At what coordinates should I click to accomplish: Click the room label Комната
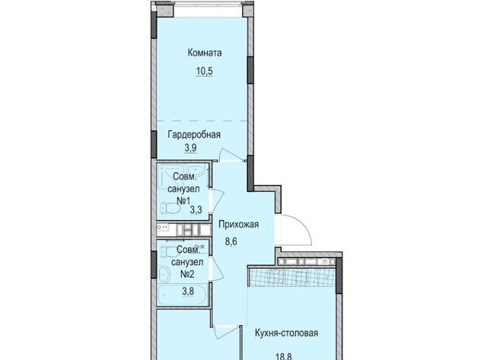tap(205, 53)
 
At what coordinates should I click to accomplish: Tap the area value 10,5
tap(205, 71)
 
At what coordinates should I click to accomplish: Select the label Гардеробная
tap(194, 135)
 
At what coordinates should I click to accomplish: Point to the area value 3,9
tap(191, 148)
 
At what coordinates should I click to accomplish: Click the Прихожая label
tap(238, 225)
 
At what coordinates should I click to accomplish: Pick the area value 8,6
tap(231, 241)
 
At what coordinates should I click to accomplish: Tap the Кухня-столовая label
tap(286, 333)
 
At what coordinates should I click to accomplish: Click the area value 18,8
tap(284, 356)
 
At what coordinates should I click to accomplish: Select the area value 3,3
tap(196, 210)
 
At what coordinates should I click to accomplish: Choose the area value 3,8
tap(188, 291)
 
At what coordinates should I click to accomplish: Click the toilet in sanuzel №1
tap(170, 208)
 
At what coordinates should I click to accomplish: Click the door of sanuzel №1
tap(218, 201)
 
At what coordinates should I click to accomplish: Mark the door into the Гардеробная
tap(231, 155)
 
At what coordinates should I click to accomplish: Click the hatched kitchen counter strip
tap(291, 277)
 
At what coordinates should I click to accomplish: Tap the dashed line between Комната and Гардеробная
tap(202, 120)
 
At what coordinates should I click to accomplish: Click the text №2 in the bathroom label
tap(187, 275)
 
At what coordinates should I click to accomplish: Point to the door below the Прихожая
tap(226, 333)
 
